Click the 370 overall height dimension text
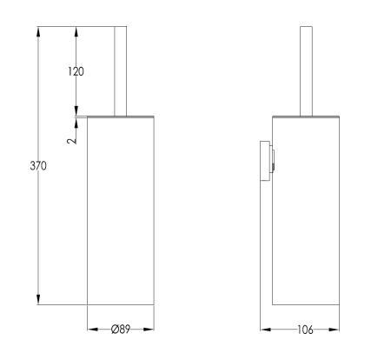[x=37, y=164]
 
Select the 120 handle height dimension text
[x=76, y=71]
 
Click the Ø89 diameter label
[x=122, y=330]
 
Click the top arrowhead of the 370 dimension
[x=38, y=31]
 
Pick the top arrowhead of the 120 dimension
[x=77, y=31]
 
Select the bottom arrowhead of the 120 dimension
[x=77, y=110]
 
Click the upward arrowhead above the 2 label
[x=77, y=120]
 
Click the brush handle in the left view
[x=122, y=70]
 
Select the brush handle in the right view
[x=305, y=70]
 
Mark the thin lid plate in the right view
[x=305, y=115]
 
